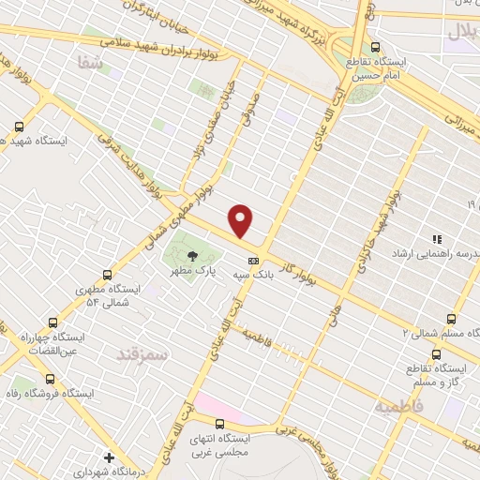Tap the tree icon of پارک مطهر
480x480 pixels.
192,255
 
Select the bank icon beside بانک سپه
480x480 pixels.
252,262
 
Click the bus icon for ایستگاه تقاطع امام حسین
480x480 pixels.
376,46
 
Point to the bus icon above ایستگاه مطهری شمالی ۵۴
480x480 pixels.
108,276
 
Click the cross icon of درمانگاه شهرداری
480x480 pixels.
110,458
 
